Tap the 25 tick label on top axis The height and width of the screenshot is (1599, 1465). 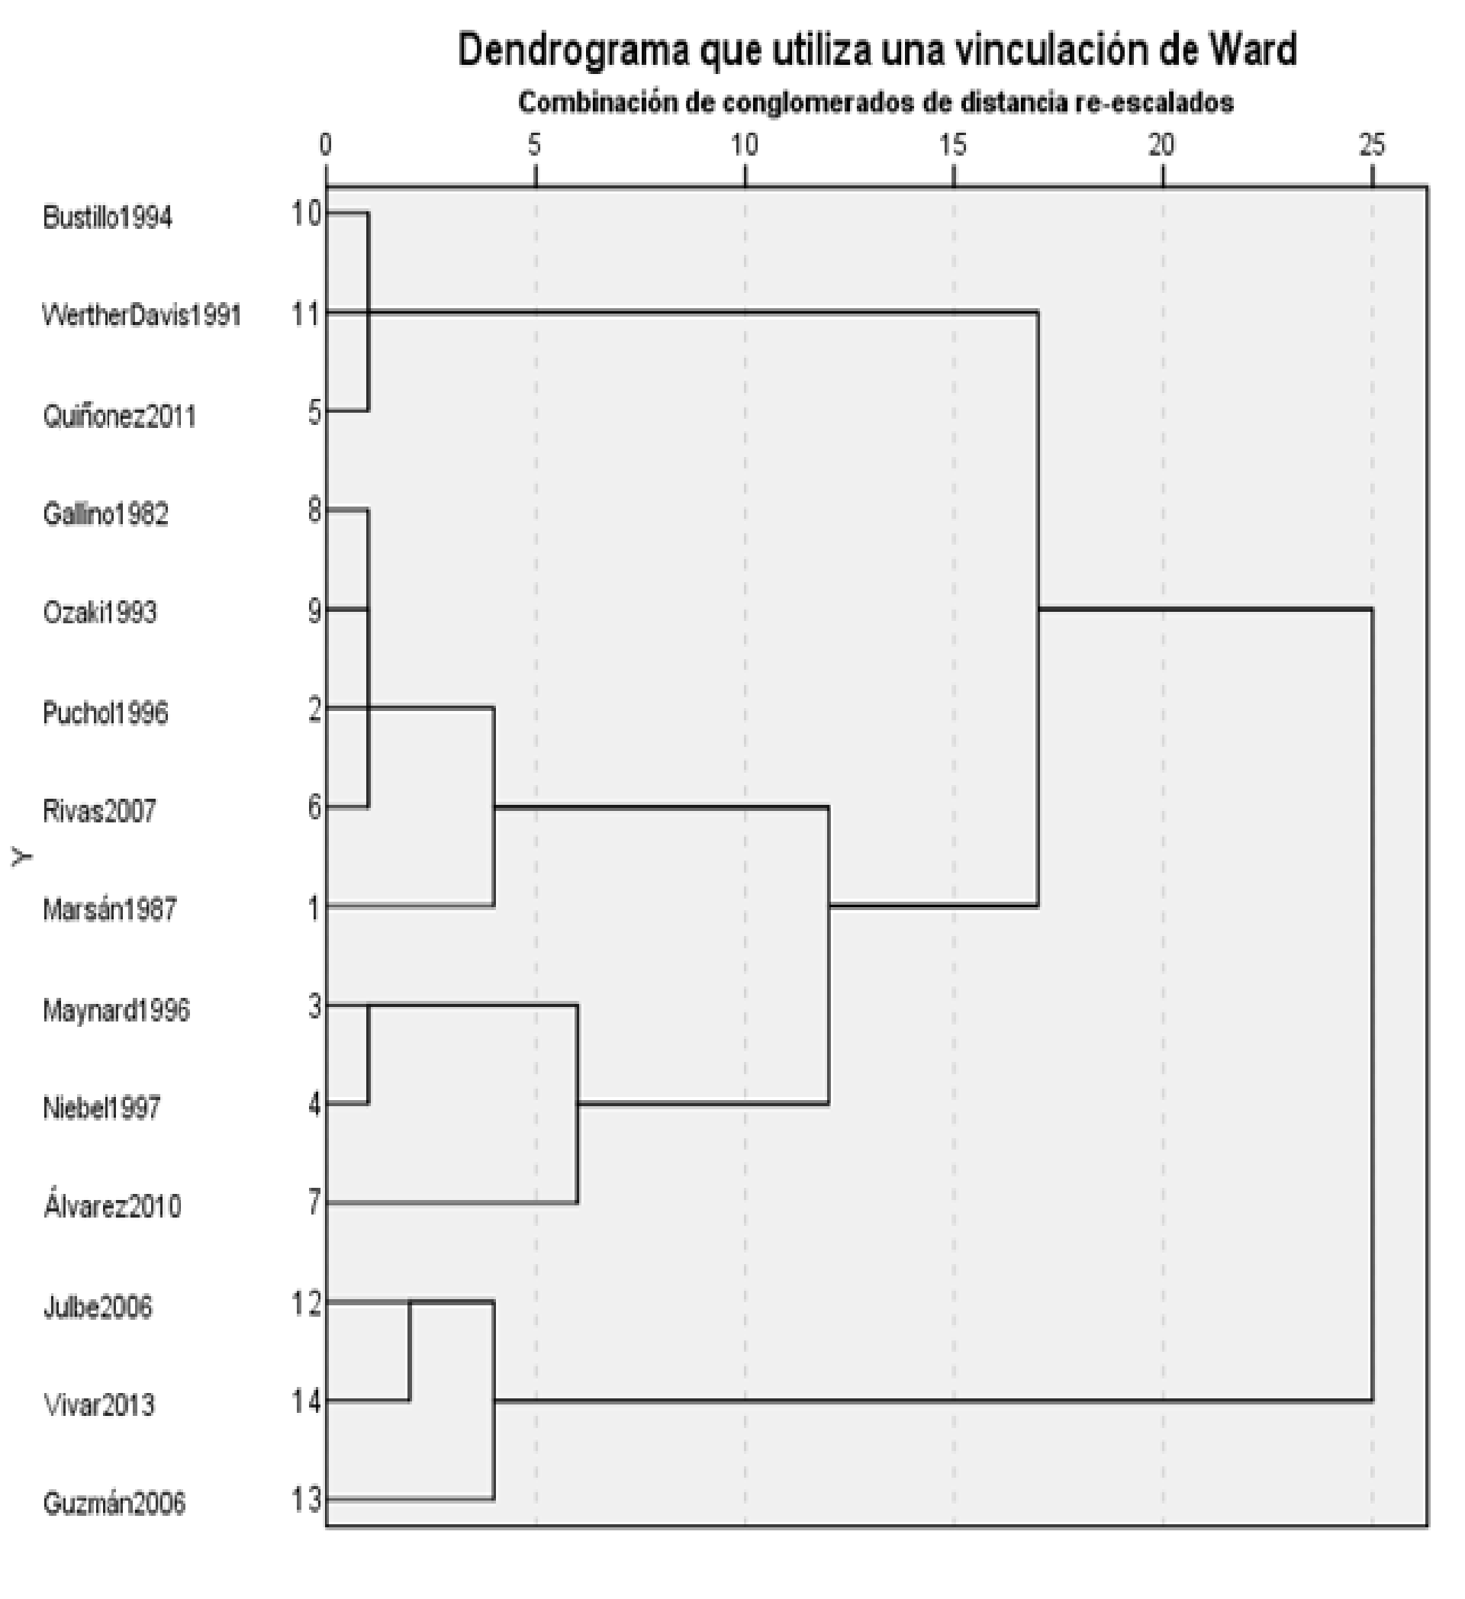(x=1371, y=145)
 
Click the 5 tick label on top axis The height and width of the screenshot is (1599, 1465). (x=535, y=145)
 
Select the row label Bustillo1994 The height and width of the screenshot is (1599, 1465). (x=107, y=217)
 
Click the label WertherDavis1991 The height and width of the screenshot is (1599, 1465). (x=141, y=316)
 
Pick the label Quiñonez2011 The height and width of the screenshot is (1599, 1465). (x=119, y=416)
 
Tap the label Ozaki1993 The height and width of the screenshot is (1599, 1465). (x=100, y=613)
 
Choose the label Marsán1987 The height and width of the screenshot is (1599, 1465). (x=109, y=909)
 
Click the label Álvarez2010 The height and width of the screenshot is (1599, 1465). (x=112, y=1205)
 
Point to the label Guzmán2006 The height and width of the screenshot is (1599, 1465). (x=114, y=1503)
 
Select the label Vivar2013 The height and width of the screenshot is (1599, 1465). (x=99, y=1404)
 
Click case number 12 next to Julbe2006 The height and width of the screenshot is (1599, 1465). (x=306, y=1304)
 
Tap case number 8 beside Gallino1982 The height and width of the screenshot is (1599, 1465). (x=314, y=512)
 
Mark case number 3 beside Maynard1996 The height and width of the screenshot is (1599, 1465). (x=314, y=1006)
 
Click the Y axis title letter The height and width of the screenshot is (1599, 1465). (x=23, y=856)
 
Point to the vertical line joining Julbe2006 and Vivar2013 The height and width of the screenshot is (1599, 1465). (x=409, y=1353)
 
